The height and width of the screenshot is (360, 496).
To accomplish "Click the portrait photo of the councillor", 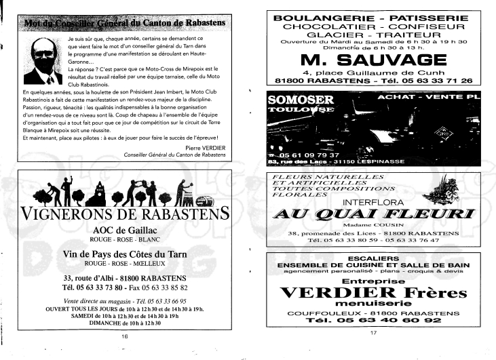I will point(40,62).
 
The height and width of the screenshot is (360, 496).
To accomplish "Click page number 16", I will point(124,336).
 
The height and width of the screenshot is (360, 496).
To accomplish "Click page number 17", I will point(373,332).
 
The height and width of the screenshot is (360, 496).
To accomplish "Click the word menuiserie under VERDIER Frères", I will point(371,303).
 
